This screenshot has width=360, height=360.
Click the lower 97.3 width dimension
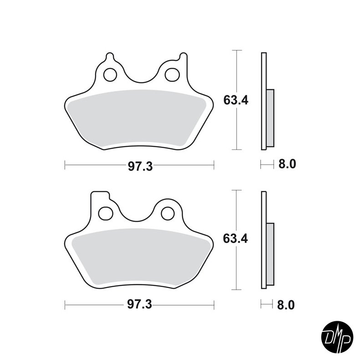pos(139,304)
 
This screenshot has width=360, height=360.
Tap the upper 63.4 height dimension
pos(236,100)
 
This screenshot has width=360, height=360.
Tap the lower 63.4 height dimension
pos(236,239)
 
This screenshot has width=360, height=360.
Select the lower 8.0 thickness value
pos(286,304)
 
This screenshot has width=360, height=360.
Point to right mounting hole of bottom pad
pos(168,213)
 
